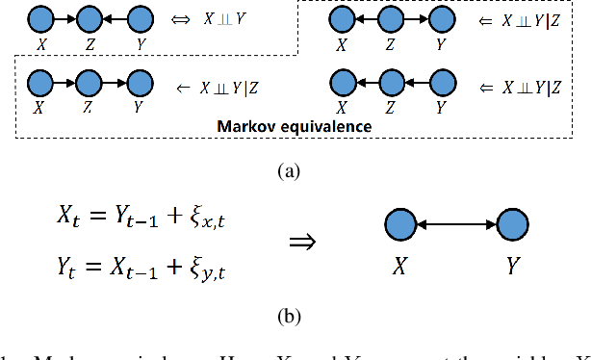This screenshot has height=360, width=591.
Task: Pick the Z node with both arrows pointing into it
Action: click(89, 18)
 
